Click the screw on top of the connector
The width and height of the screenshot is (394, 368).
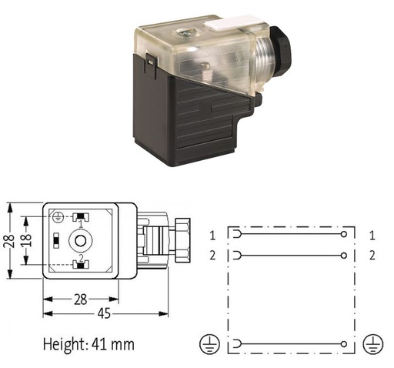185,33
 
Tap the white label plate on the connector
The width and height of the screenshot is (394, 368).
231,22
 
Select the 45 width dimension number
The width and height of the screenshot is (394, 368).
105,313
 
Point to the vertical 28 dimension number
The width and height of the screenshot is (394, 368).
9,240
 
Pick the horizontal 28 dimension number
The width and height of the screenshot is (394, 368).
81,299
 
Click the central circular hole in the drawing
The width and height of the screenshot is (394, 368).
81,240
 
